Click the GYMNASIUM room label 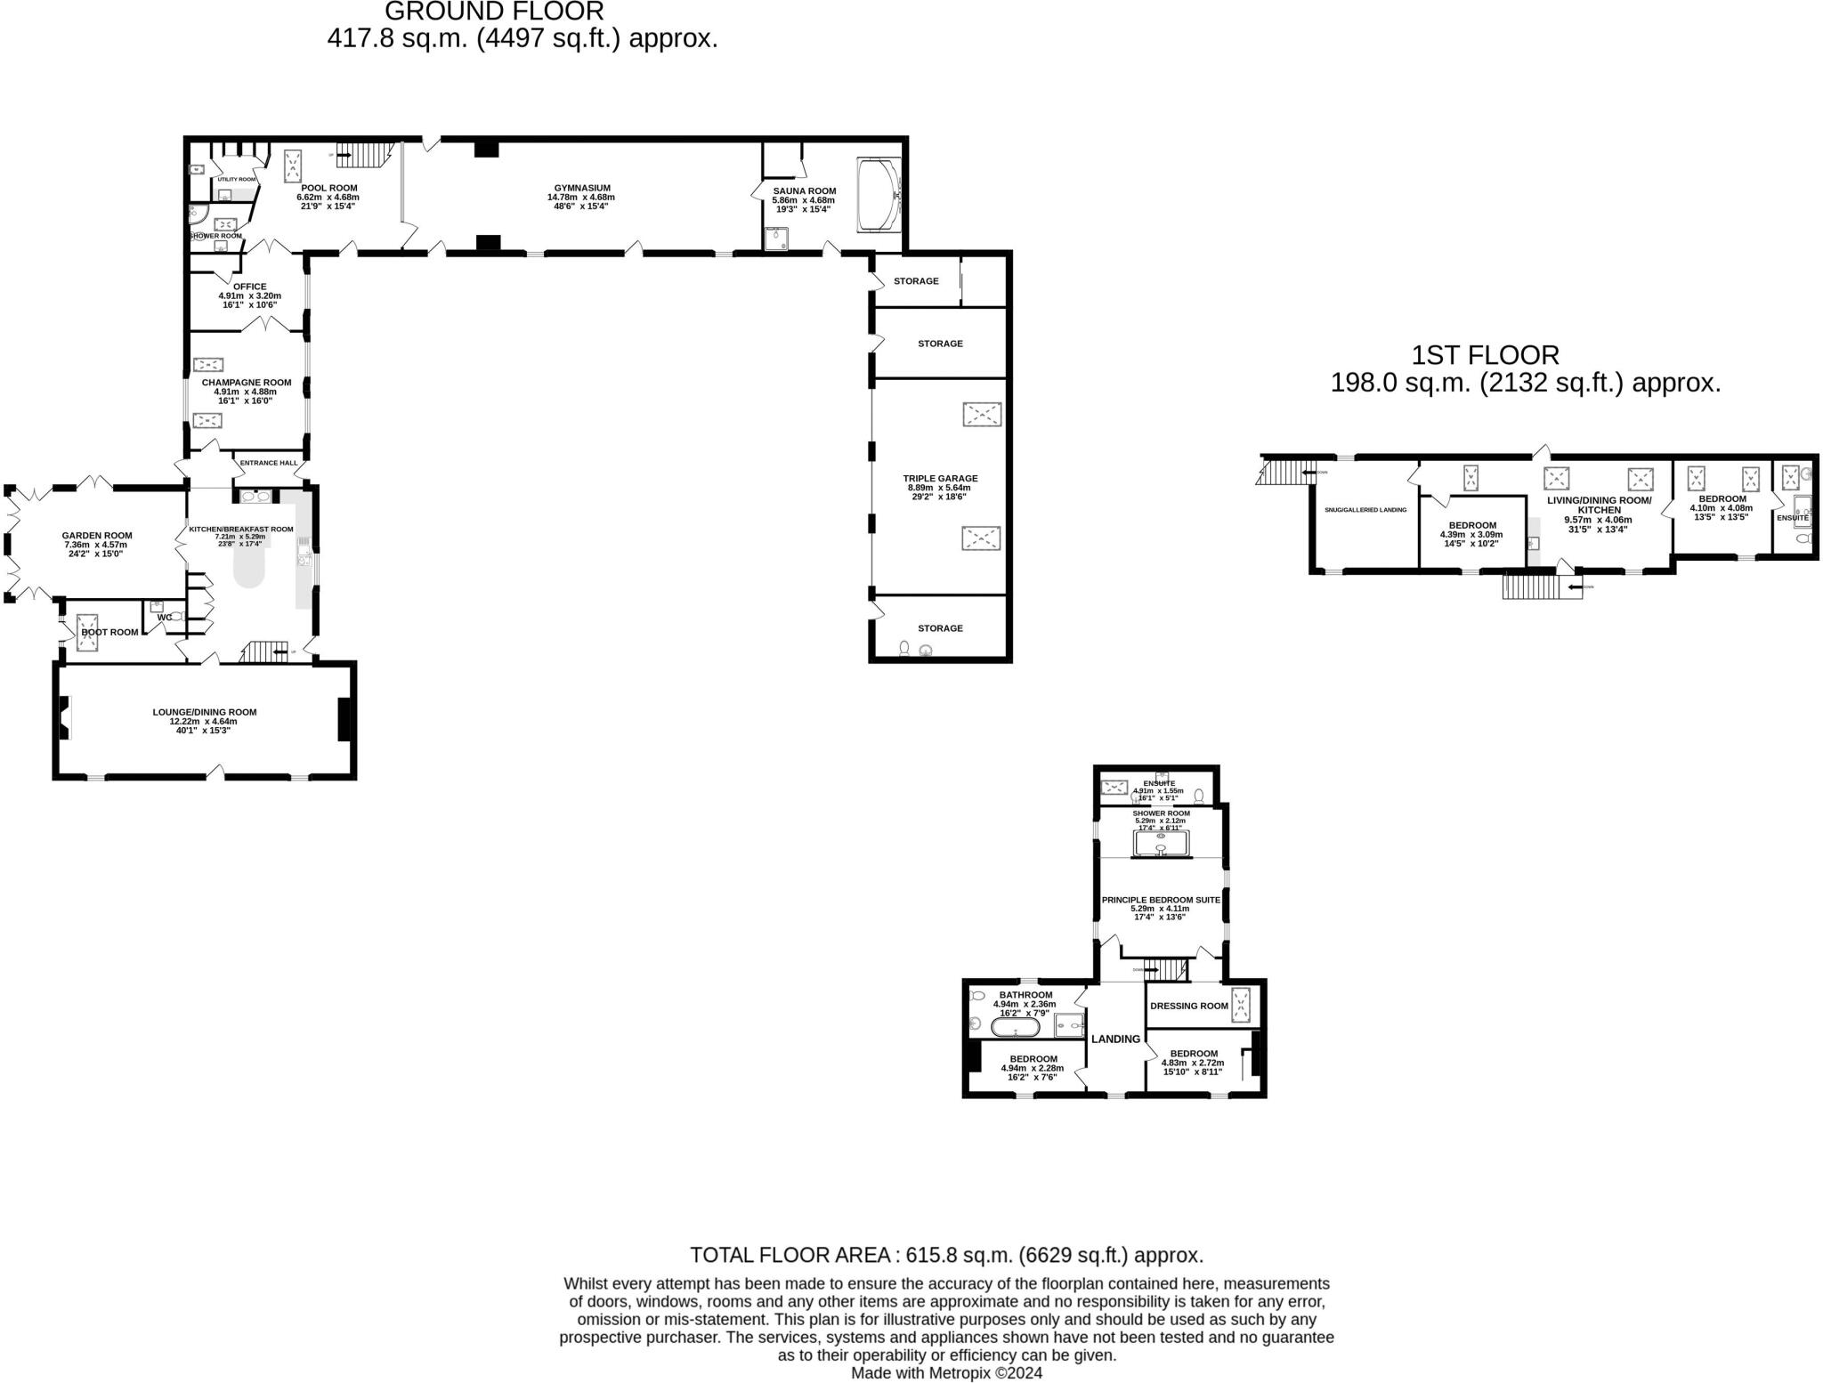(582, 188)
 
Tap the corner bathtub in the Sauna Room (879, 196)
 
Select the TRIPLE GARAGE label (940, 478)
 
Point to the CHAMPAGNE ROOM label (246, 383)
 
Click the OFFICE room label (249, 287)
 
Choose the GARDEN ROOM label (97, 536)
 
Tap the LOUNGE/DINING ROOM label (204, 712)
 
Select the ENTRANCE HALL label (269, 463)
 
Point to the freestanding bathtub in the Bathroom (1015, 1029)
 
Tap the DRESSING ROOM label (1188, 1006)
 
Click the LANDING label (1115, 1039)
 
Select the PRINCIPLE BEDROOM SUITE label (1161, 900)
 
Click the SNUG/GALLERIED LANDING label (1365, 510)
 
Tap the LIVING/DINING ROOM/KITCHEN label (1599, 505)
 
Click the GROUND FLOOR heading (494, 12)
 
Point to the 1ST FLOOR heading (1485, 355)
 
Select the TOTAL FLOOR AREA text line (946, 1255)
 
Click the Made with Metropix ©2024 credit (946, 1372)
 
